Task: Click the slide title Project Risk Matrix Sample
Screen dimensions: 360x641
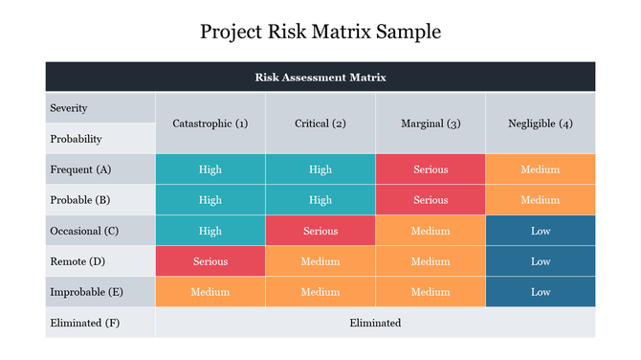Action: (x=320, y=32)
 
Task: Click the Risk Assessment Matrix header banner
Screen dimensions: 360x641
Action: (x=320, y=77)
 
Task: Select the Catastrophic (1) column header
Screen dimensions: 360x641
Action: (x=210, y=124)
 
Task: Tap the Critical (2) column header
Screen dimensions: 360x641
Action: (x=320, y=124)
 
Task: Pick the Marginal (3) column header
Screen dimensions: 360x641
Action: (x=431, y=124)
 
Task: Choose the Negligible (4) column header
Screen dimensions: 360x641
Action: (x=541, y=124)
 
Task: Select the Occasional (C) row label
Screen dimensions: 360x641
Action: (x=83, y=231)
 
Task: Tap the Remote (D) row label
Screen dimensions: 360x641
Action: (x=77, y=261)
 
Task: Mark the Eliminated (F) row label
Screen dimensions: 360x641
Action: (x=84, y=323)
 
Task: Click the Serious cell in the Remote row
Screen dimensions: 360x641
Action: (x=210, y=261)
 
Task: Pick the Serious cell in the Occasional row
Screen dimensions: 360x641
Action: (x=320, y=231)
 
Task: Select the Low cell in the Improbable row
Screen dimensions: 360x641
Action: (x=541, y=292)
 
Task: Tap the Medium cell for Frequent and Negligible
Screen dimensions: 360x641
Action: (x=541, y=169)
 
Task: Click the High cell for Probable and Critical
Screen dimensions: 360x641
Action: (x=320, y=200)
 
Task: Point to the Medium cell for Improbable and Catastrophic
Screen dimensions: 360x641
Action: (x=210, y=292)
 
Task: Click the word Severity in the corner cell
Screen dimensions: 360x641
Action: (x=68, y=108)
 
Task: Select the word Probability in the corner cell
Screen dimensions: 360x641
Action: (x=76, y=139)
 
